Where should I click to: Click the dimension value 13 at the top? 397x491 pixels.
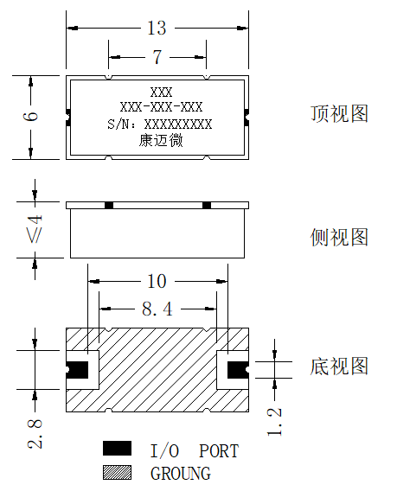pos(157,28)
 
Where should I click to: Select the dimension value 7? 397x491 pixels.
pos(157,57)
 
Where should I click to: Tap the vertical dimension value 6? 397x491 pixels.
pos(31,116)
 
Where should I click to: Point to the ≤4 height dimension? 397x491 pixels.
pos(35,229)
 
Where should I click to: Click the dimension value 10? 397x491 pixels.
pos(157,281)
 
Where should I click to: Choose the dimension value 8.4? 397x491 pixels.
pos(157,309)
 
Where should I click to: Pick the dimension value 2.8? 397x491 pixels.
pos(35,434)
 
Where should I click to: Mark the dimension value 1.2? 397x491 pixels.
pos(274,422)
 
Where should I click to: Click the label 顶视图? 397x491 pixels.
pos(339,113)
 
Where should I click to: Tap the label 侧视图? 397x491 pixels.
pos(339,237)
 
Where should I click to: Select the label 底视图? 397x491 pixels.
pos(339,366)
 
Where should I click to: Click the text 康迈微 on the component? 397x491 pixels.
pos(161,141)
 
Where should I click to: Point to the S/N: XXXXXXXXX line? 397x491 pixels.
pos(159,124)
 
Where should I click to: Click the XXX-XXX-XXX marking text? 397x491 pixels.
pos(161,107)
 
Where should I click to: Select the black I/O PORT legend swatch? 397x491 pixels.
pos(117,448)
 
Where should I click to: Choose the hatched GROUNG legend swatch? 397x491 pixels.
pos(117,472)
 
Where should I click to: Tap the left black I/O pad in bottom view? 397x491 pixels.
pos(77,370)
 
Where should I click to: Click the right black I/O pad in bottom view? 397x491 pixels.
pos(238,370)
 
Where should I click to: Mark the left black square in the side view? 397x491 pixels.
pos(109,206)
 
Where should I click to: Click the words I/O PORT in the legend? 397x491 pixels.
pos(195,451)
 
